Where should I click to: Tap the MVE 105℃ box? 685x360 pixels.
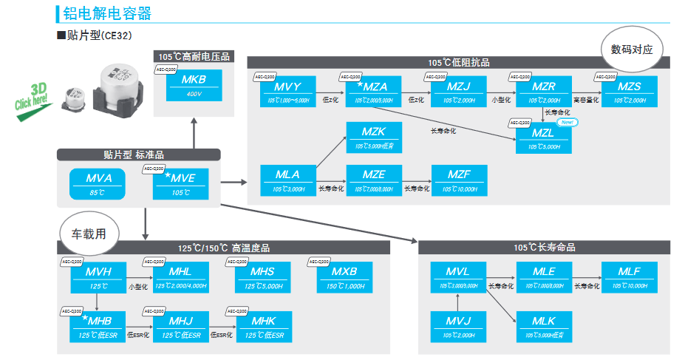coord(182,184)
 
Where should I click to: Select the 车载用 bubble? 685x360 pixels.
coord(88,234)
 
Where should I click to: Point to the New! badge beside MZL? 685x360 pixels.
coord(568,123)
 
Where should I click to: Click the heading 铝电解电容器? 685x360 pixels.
coord(108,13)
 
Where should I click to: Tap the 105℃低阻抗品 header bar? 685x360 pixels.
coord(458,63)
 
